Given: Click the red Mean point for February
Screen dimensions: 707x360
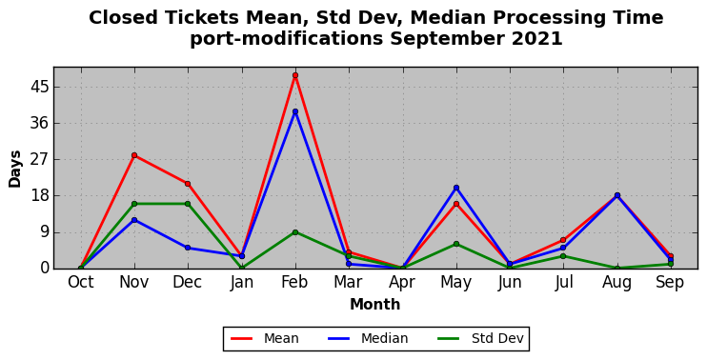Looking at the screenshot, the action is point(294,75).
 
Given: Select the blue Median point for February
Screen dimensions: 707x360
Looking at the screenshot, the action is point(294,111).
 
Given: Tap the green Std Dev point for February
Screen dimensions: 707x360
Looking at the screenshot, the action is point(294,232).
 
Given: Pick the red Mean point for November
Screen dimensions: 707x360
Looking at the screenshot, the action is point(134,155).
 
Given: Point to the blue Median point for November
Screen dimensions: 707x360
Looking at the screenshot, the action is point(134,220).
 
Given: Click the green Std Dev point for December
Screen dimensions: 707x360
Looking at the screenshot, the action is point(188,204).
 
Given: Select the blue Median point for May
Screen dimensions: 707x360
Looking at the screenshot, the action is point(455,188).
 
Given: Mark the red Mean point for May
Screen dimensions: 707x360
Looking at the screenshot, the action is point(455,204).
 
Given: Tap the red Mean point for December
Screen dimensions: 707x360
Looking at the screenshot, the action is point(188,184).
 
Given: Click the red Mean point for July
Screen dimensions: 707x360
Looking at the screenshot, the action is point(563,240).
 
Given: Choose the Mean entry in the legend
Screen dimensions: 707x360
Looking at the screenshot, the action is point(265,338).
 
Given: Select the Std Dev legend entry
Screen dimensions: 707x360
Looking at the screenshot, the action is point(480,338).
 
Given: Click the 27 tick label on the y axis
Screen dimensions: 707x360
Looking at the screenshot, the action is point(39,160).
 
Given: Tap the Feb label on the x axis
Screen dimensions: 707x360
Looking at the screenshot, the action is point(294,283).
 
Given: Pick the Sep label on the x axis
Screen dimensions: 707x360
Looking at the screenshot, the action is point(670,283).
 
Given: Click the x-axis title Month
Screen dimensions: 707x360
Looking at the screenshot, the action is point(375,305).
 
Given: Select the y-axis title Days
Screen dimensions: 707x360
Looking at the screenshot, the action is point(15,169).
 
